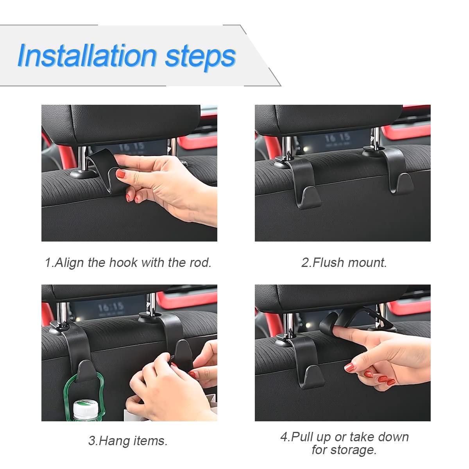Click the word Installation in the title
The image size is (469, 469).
[87, 55]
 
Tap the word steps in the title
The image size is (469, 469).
[200, 57]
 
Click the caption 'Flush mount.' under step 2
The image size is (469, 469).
[349, 263]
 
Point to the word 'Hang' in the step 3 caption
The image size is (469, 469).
[113, 441]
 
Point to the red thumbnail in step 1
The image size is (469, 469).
[121, 174]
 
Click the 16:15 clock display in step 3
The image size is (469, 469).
[111, 308]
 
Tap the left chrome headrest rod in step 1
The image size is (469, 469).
[82, 158]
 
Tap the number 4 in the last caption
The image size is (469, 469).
[284, 437]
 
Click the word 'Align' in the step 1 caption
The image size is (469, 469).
[69, 263]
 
